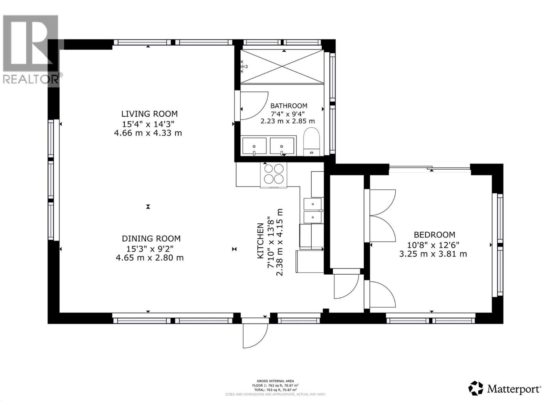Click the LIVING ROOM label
click(149, 114)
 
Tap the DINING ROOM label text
click(151, 239)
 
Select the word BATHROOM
click(289, 106)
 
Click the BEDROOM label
click(434, 235)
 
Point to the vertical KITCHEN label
click(261, 241)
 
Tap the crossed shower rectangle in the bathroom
click(282, 66)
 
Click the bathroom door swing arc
click(254, 105)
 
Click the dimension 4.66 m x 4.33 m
click(148, 133)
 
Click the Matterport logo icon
click(476, 388)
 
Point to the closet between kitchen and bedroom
click(347, 222)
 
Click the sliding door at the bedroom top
click(429, 168)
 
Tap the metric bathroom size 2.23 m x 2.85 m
click(288, 121)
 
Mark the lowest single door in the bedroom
click(381, 295)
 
